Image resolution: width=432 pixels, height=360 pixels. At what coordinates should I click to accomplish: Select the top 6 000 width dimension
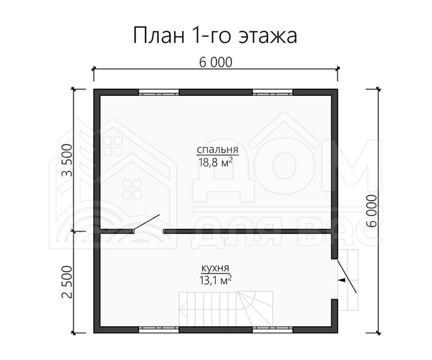click(x=216, y=63)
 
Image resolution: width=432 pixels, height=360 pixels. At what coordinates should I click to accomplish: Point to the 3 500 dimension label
click(x=67, y=160)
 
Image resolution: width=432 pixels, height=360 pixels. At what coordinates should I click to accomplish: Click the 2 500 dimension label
click(x=67, y=282)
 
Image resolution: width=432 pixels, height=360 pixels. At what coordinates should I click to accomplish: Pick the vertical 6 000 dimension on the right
click(x=371, y=211)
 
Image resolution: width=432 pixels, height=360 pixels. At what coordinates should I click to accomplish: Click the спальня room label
click(x=218, y=150)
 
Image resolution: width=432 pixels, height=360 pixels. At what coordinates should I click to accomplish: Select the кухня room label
click(x=216, y=268)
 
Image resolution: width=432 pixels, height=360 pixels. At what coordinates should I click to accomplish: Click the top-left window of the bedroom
click(x=159, y=92)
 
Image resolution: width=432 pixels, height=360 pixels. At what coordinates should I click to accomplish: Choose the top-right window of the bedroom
click(x=273, y=92)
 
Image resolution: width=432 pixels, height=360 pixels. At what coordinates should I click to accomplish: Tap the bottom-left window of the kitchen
click(x=159, y=329)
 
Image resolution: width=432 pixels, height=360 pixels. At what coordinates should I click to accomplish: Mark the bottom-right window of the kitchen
click(x=273, y=329)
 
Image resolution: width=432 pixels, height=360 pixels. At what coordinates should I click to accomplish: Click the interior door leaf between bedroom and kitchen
click(x=146, y=222)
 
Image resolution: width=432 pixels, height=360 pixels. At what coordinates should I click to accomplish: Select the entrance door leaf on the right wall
click(x=347, y=276)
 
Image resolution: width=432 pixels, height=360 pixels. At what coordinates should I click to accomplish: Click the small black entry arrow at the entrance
click(x=342, y=280)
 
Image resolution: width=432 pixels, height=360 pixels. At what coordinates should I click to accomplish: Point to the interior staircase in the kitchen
click(x=226, y=309)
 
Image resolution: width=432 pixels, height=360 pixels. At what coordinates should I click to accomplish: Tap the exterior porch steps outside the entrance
click(x=349, y=280)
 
